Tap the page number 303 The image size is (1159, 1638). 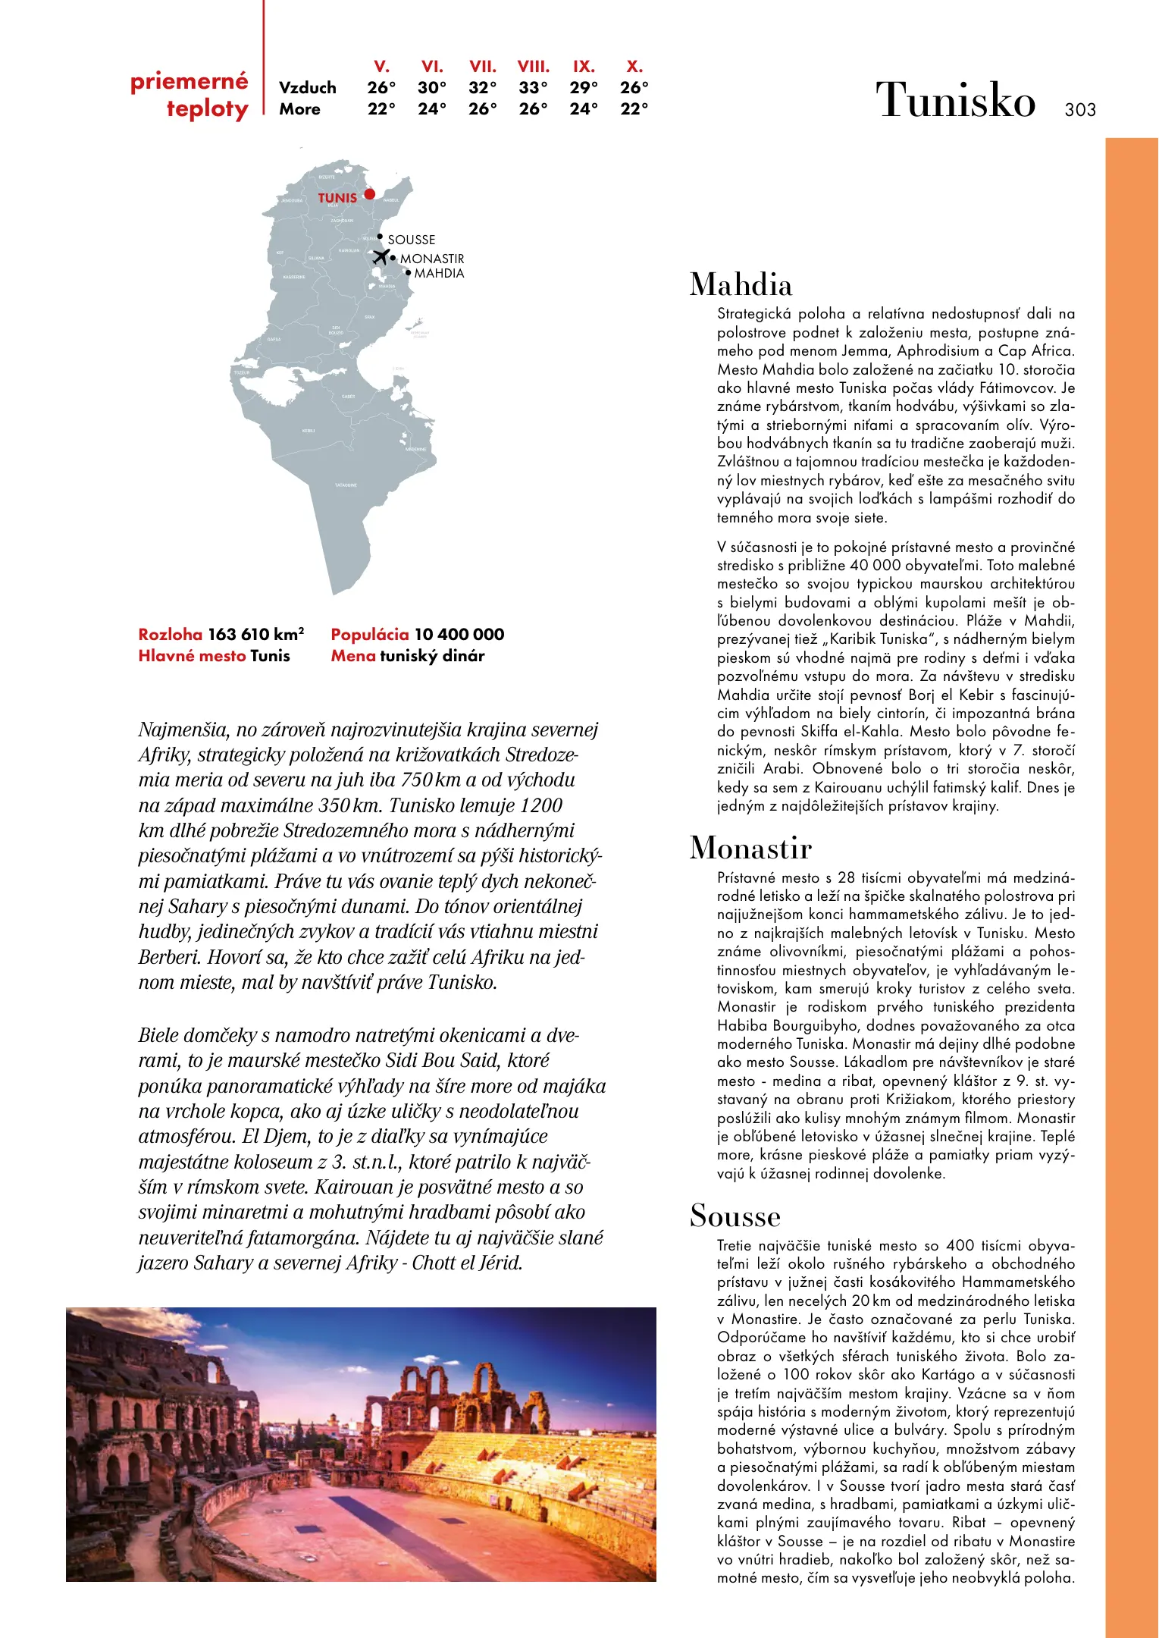[x=1080, y=110]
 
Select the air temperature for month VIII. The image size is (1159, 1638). [x=533, y=88]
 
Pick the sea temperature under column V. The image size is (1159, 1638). [x=381, y=109]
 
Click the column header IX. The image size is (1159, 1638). [x=584, y=67]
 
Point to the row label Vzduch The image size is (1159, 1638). [x=307, y=88]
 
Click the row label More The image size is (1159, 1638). [x=299, y=109]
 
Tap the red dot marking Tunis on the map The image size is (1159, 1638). [x=369, y=194]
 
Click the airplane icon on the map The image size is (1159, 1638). [x=381, y=256]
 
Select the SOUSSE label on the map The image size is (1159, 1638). [x=412, y=240]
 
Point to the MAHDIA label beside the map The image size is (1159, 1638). [x=439, y=273]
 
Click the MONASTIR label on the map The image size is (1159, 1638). [x=432, y=259]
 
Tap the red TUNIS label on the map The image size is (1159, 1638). [x=337, y=198]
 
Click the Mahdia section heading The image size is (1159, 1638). [x=741, y=285]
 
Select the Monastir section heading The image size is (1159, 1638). [x=750, y=848]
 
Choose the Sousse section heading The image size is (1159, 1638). [x=735, y=1216]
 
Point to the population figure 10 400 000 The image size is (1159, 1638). [x=459, y=634]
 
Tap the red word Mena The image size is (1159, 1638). [x=353, y=656]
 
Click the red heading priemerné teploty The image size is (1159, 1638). [x=190, y=95]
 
